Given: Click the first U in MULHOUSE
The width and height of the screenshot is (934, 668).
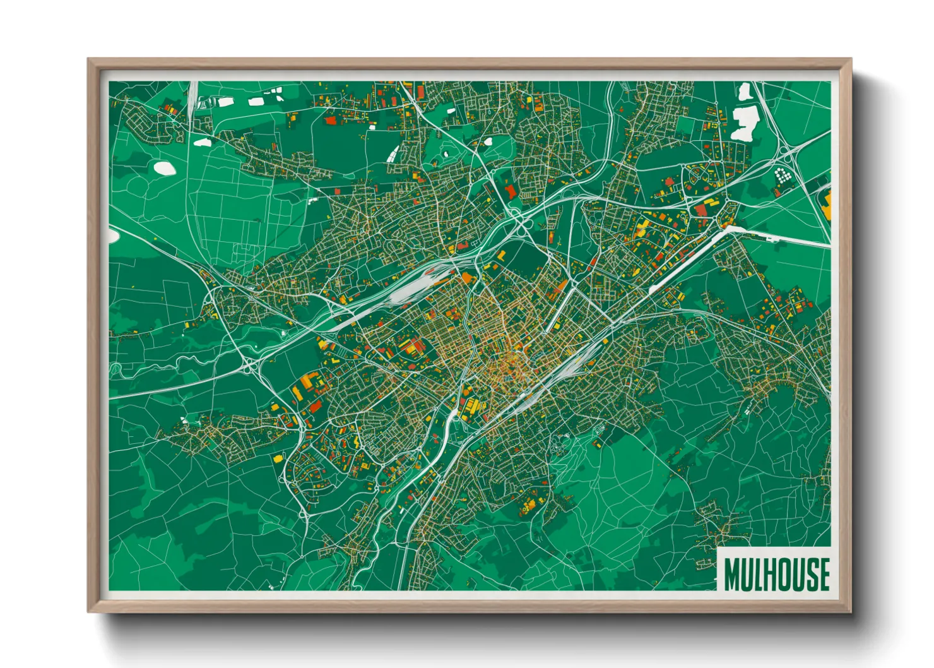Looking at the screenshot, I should tap(745, 574).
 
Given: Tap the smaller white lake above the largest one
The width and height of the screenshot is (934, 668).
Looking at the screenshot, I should tap(745, 92).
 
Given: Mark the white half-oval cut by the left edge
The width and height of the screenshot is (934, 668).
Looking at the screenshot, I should tap(112, 236).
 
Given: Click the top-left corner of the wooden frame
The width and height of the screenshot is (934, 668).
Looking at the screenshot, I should tap(89, 60).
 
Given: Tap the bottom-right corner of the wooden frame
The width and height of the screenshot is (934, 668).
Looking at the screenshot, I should tap(850, 611).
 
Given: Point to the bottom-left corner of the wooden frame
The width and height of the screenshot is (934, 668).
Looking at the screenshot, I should tap(89, 611).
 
